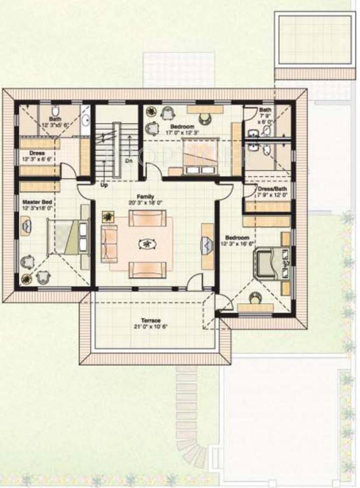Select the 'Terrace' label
151,321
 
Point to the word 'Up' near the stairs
103,186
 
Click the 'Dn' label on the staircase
128,161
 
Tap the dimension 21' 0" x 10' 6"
151,327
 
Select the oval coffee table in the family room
148,244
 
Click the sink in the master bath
85,118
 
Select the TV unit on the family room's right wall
207,245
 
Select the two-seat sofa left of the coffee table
109,243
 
